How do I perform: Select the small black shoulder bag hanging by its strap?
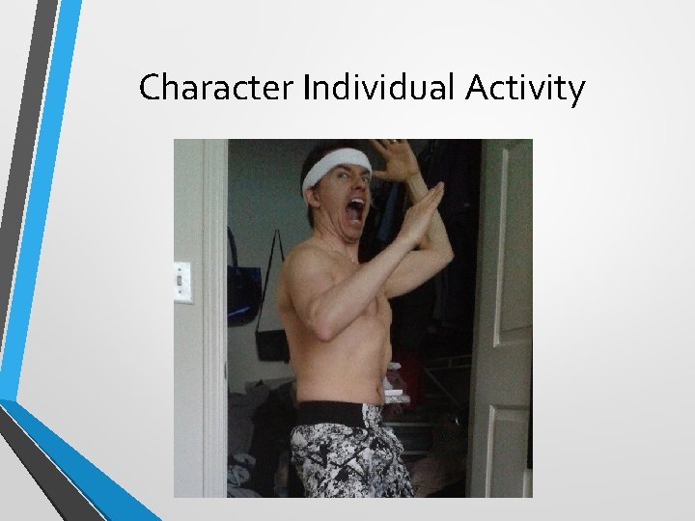pyautogui.click(x=272, y=343)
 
